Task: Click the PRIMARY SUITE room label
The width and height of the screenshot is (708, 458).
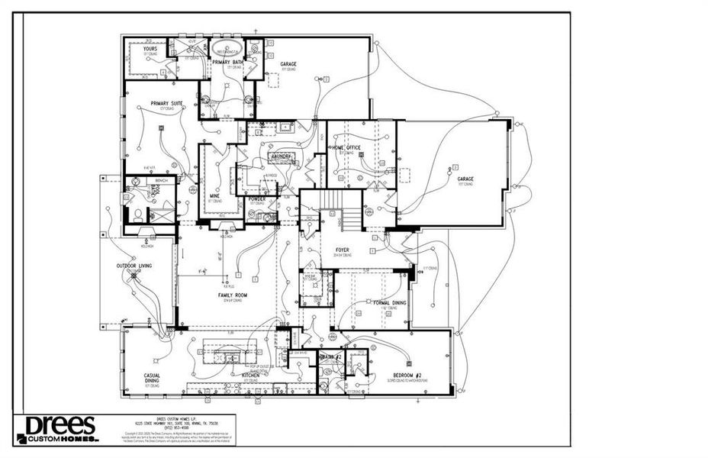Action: pos(166,102)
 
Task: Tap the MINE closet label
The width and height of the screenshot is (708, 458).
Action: pos(214,196)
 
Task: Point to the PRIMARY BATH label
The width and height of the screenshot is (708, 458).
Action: pos(227,62)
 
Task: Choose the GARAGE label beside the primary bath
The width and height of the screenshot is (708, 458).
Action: pos(288,64)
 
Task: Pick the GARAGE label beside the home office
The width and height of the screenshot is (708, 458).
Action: pos(465,179)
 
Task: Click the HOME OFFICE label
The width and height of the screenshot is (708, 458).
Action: pos(346,147)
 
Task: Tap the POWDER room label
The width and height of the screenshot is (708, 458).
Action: pos(256,198)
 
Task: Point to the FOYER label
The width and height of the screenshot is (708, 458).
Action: pos(342,250)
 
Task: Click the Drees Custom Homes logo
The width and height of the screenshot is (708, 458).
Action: pos(57,430)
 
